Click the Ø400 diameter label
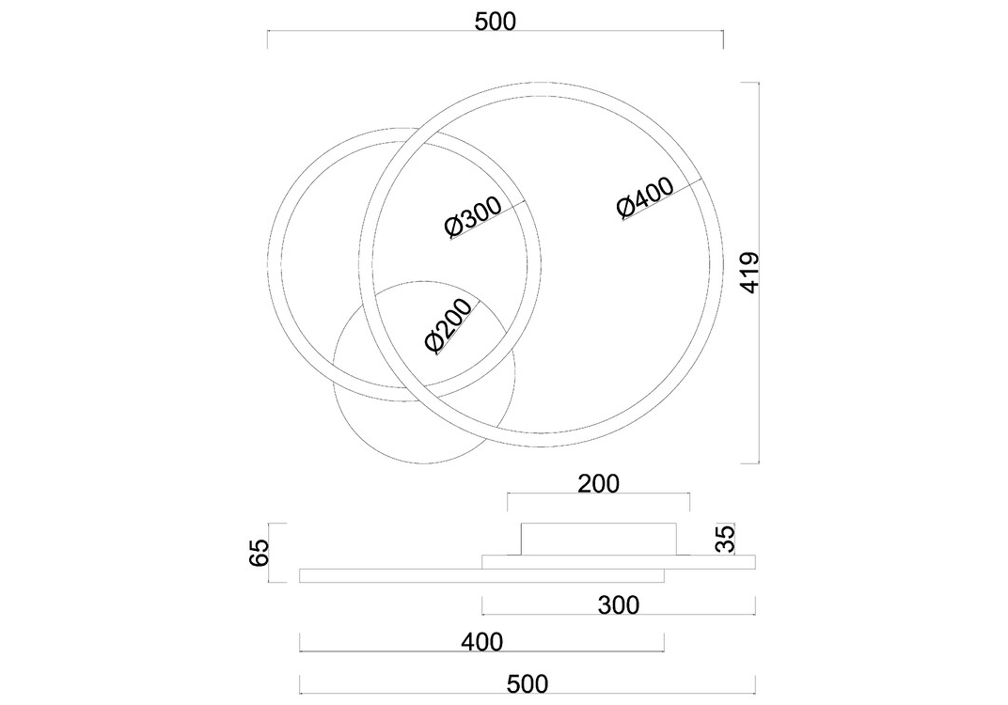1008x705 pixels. pyautogui.click(x=645, y=197)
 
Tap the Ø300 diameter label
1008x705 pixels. pyautogui.click(x=472, y=217)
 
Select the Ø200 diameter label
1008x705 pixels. pyautogui.click(x=449, y=325)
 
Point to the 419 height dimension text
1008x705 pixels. pyautogui.click(x=749, y=273)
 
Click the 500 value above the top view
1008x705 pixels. pyautogui.click(x=495, y=22)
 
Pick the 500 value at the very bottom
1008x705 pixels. pyautogui.click(x=528, y=684)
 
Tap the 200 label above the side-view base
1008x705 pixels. pyautogui.click(x=598, y=483)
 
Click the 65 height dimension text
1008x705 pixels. pyautogui.click(x=258, y=553)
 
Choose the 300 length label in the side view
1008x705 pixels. pyautogui.click(x=619, y=604)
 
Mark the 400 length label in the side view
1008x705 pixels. pyautogui.click(x=482, y=641)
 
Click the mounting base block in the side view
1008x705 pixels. pyautogui.click(x=598, y=540)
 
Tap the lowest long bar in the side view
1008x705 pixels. pyautogui.click(x=481, y=576)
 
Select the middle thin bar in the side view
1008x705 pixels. pyautogui.click(x=619, y=562)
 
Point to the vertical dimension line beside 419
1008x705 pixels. pyautogui.click(x=759, y=273)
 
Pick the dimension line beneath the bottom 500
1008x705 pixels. pyautogui.click(x=528, y=694)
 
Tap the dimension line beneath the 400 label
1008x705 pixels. pyautogui.click(x=481, y=651)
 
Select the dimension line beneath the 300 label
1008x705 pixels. pyautogui.click(x=619, y=615)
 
